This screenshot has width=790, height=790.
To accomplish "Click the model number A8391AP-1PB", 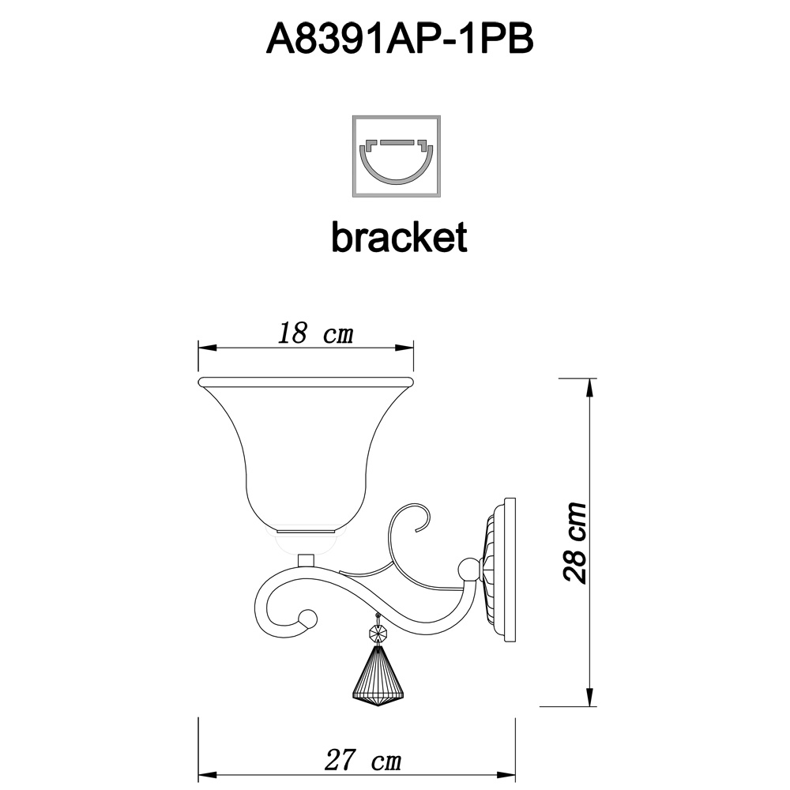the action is pyautogui.click(x=400, y=39).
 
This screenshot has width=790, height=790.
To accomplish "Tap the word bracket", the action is pyautogui.click(x=399, y=237).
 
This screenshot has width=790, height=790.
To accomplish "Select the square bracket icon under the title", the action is pyautogui.click(x=397, y=156).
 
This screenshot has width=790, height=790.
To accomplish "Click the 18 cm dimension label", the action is pyautogui.click(x=315, y=333).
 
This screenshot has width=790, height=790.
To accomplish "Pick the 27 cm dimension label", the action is pyautogui.click(x=363, y=760).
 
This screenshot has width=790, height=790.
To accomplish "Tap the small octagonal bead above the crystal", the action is pyautogui.click(x=378, y=632).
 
